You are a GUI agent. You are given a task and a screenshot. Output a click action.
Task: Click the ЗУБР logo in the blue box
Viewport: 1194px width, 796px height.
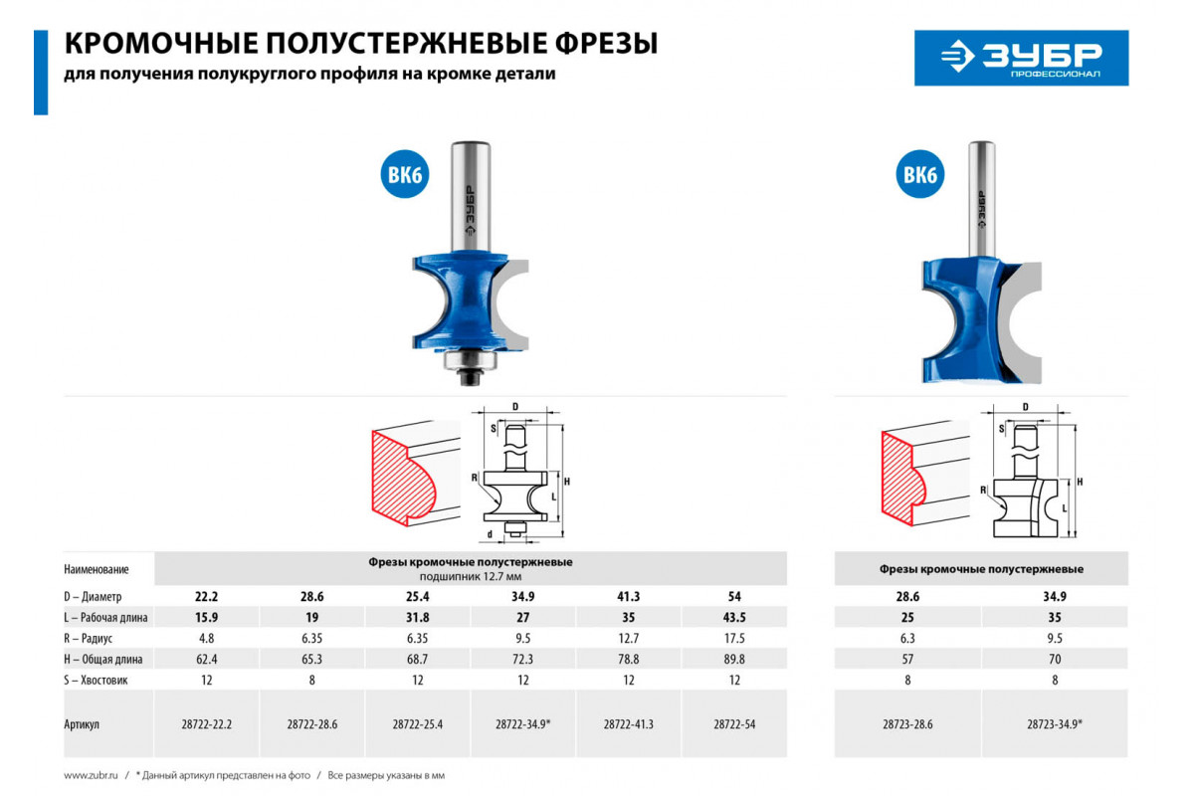(x=1021, y=58)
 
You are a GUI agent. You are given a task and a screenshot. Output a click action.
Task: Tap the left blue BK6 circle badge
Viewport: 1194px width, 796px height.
(x=405, y=174)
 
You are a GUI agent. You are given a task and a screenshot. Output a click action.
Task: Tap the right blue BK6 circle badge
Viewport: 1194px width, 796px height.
(x=920, y=174)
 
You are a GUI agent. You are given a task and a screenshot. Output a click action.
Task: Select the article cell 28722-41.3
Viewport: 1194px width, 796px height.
(x=629, y=724)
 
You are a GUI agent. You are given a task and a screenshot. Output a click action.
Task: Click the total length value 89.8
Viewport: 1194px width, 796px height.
(x=734, y=659)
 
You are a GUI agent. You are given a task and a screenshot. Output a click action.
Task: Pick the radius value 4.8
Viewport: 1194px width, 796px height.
(x=206, y=638)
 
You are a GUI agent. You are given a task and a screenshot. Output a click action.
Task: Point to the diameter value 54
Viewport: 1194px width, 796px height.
(x=734, y=596)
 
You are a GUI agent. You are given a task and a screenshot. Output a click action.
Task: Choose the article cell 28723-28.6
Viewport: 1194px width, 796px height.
(x=907, y=724)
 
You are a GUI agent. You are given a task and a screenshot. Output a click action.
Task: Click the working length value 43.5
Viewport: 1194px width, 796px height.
(x=734, y=617)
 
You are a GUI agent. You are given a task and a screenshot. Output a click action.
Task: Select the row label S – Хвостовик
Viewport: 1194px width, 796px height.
(x=96, y=680)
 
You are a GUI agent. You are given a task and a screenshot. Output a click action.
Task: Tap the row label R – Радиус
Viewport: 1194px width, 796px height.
(x=89, y=638)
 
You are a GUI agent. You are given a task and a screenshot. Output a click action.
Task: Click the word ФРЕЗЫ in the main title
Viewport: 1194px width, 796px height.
(x=607, y=43)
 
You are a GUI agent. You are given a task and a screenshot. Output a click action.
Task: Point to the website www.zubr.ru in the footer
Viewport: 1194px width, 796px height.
(x=91, y=775)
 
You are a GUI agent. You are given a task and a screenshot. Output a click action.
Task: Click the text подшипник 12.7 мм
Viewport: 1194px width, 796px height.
(x=470, y=576)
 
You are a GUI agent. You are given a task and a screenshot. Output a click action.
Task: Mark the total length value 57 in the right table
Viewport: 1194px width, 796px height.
(x=907, y=659)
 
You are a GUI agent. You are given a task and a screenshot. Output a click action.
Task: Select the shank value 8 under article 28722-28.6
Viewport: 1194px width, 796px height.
(x=311, y=680)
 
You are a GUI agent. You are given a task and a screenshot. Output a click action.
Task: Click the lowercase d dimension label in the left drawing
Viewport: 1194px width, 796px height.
(x=490, y=533)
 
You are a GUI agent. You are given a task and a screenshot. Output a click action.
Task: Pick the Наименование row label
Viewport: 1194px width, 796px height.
(x=97, y=569)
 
